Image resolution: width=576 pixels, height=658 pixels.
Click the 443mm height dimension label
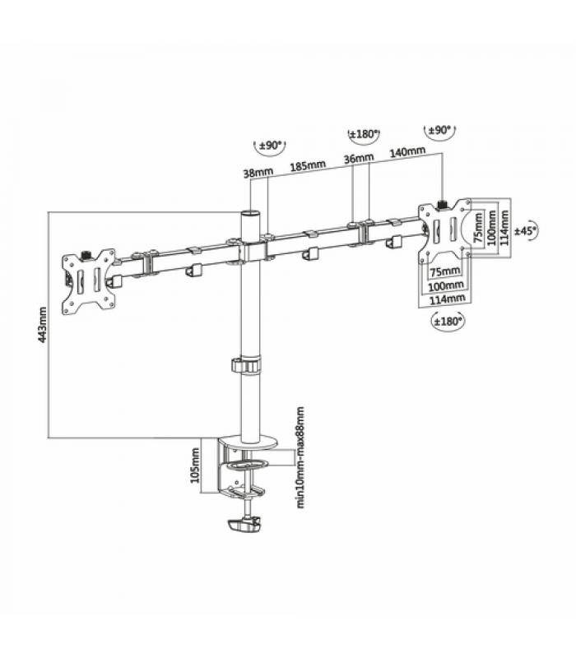43,325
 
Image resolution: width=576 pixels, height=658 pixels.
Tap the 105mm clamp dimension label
195,466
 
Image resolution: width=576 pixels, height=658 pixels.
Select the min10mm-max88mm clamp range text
300,457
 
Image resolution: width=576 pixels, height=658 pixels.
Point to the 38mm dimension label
258,172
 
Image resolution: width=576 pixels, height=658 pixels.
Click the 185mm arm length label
308,166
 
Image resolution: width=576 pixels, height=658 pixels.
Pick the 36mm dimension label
359,158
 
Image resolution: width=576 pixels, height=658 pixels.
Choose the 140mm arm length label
407,151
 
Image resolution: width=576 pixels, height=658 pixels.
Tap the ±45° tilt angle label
527,230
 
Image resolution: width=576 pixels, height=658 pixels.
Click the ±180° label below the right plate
448,321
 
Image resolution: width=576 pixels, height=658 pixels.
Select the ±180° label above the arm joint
364,134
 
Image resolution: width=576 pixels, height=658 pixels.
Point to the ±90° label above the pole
270,146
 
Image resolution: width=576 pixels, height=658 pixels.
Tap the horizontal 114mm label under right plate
447,299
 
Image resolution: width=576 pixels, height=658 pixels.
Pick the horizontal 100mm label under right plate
446,285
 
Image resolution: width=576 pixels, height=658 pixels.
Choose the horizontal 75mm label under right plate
445,271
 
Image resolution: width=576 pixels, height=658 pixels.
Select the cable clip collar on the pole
245,365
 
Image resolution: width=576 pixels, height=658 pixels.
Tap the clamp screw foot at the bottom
244,526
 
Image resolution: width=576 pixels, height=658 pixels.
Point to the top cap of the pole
251,214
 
